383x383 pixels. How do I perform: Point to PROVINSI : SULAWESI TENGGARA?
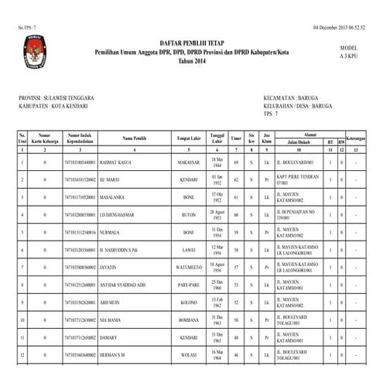56,98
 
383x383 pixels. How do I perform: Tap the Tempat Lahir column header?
189,138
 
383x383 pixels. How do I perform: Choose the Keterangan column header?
355,138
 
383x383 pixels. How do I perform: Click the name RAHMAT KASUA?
116,162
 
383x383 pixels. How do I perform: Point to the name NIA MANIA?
112,319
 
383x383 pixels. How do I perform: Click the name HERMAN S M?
115,354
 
